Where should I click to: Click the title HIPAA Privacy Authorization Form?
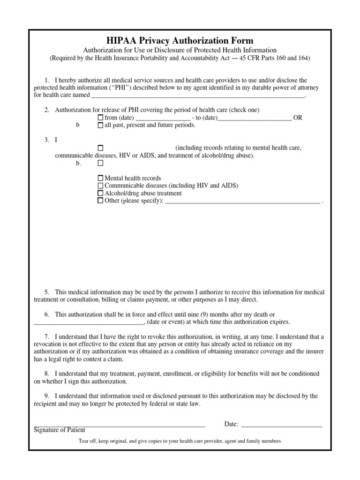(x=180, y=41)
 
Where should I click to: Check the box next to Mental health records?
(x=100, y=178)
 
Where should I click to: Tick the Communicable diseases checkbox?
(x=100, y=186)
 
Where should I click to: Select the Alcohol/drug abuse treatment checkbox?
(x=100, y=193)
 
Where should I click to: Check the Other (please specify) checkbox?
(x=100, y=201)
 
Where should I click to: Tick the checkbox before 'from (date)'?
(x=100, y=118)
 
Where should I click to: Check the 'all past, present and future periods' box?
(x=100, y=125)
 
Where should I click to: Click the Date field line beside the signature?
(x=281, y=425)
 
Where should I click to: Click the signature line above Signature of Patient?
(x=120, y=425)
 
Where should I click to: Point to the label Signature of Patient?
(x=60, y=430)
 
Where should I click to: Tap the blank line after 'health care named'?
(x=197, y=96)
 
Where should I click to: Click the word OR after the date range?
(x=298, y=118)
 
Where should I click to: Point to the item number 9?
(x=47, y=396)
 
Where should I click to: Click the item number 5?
(x=47, y=292)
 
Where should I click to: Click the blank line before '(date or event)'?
(x=89, y=323)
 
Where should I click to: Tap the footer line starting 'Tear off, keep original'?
(x=180, y=441)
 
